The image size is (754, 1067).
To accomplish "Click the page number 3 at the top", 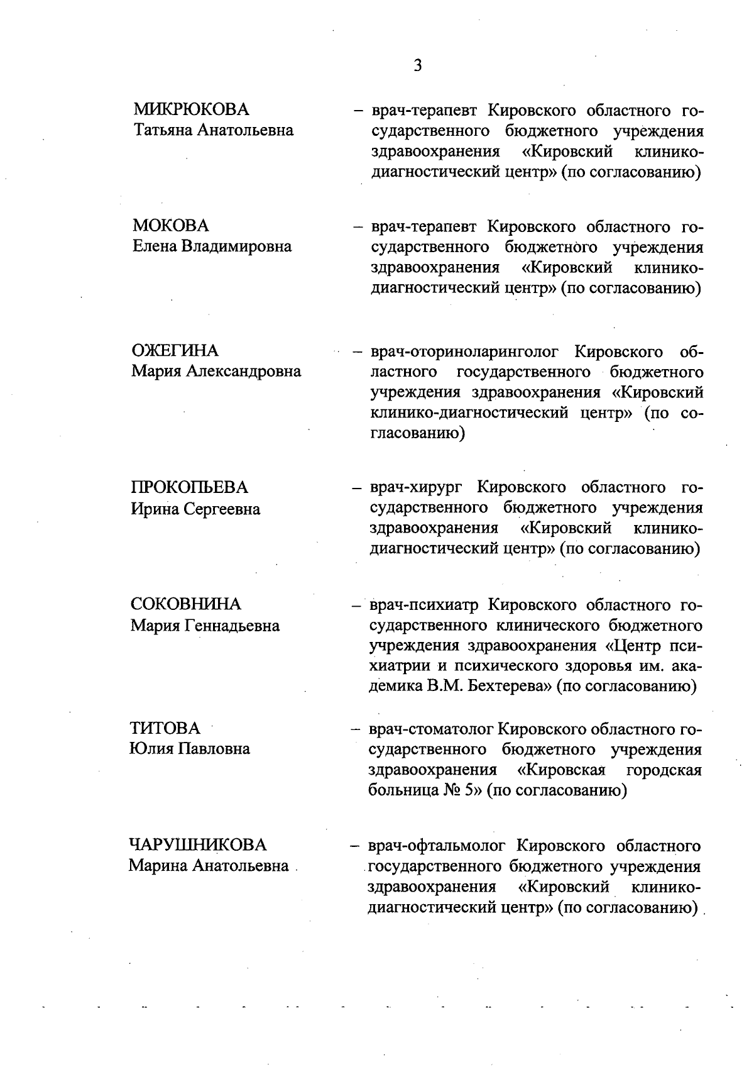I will point(417,65).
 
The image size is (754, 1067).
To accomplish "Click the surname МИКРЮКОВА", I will point(191,109).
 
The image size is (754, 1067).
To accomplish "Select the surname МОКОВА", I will point(171,225).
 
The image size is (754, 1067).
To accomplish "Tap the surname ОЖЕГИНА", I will point(175,350).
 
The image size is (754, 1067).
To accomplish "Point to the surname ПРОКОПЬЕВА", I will point(189,487).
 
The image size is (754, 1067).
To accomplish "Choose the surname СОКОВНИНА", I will point(185,604).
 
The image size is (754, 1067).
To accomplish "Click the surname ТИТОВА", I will point(165,728).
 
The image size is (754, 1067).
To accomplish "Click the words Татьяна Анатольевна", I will point(213,130).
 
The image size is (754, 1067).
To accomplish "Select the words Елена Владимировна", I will point(212,246).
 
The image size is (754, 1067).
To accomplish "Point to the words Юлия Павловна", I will point(189,749).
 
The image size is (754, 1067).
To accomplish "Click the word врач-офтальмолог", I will point(437,846).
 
